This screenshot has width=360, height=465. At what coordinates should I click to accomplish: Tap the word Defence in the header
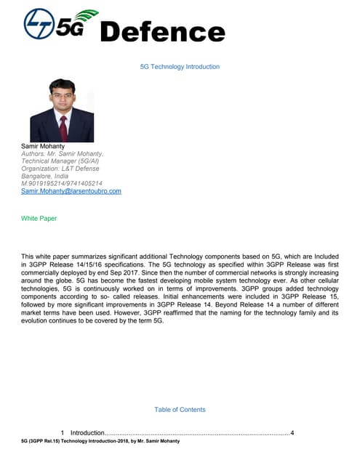click(161, 31)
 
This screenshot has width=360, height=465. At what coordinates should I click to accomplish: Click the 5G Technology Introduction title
click(180, 67)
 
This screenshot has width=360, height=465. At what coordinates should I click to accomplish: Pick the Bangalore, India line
click(45, 176)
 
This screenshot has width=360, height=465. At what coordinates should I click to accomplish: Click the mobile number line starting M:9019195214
click(62, 184)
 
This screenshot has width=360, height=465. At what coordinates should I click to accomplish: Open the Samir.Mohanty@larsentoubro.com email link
click(71, 191)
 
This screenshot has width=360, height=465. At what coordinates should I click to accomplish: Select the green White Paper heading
click(39, 218)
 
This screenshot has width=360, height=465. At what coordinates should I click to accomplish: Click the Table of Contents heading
click(180, 410)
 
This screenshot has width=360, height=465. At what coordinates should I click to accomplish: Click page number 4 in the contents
click(292, 433)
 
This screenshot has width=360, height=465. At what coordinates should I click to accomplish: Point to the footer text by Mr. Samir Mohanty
click(101, 442)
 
